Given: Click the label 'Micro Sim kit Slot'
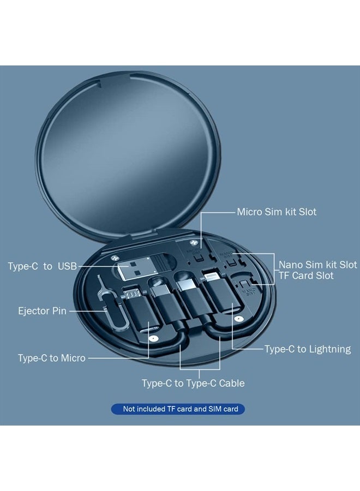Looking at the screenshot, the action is click(277, 212).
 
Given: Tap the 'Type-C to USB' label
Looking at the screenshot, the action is click(42, 266).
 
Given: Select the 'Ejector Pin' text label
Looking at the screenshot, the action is click(42, 311).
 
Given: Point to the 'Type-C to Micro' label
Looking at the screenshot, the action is click(52, 358).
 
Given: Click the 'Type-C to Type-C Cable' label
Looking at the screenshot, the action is click(193, 384).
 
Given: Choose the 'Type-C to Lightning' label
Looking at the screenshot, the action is click(308, 349).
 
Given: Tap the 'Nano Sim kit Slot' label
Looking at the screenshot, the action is click(318, 265).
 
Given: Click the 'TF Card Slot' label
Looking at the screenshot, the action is click(306, 276).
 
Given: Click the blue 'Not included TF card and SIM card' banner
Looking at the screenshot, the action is click(178, 409).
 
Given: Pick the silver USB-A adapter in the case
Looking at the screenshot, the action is click(136, 268).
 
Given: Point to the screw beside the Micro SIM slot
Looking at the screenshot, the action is click(193, 243).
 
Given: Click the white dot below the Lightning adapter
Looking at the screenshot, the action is click(239, 319).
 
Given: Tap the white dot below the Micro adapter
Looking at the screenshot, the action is click(153, 338).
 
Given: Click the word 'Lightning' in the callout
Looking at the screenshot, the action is click(329, 349).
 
